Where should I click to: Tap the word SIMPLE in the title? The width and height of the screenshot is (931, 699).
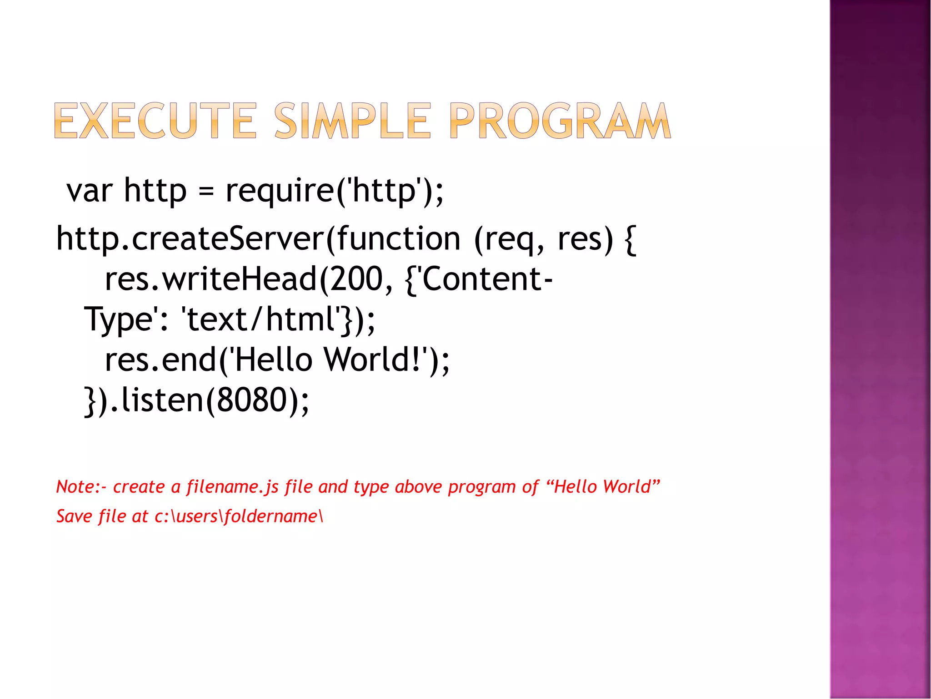(352, 121)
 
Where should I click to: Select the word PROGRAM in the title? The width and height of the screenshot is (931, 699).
(560, 121)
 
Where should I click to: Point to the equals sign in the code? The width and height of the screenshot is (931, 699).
(206, 191)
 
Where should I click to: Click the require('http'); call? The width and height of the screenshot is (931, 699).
(334, 191)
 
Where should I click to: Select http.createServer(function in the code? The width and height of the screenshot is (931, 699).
(258, 239)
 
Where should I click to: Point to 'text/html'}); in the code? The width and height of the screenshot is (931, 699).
(278, 319)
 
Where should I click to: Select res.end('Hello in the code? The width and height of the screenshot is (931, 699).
(209, 360)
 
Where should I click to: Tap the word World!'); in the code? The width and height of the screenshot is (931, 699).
(386, 360)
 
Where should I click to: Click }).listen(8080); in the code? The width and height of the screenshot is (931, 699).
(197, 400)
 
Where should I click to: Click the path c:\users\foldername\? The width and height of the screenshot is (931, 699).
(239, 517)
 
